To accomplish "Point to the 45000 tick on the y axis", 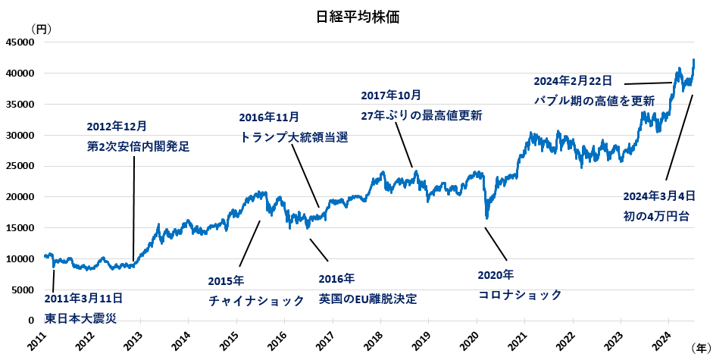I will [20, 42].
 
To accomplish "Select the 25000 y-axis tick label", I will [20, 166].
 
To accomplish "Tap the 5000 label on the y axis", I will [23, 290].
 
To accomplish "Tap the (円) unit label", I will [41, 28].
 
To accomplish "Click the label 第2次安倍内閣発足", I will [138, 146].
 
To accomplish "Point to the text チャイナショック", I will [256, 301].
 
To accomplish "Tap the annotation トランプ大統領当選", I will [293, 137].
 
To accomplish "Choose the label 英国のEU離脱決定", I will [367, 299].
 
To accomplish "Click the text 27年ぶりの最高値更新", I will [421, 115].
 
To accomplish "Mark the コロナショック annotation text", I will [520, 295].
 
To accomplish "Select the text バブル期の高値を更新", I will [594, 100].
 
